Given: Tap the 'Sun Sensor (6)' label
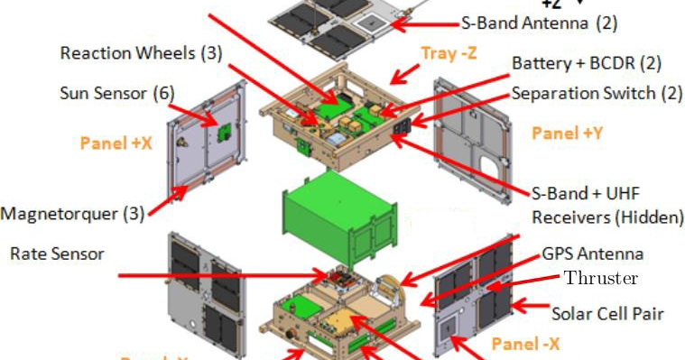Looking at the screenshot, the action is click(x=116, y=93).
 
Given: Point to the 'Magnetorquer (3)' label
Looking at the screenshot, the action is click(x=72, y=214).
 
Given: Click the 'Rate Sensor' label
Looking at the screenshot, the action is click(x=57, y=254).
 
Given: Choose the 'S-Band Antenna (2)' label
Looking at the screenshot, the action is click(x=539, y=23).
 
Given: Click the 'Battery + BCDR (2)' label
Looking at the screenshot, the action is click(x=587, y=64).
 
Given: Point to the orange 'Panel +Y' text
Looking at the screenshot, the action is click(x=566, y=134).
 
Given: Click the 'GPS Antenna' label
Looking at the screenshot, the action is click(x=593, y=254).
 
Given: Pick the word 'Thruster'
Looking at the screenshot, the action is click(x=601, y=278).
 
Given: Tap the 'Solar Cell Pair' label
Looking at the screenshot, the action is click(x=608, y=314).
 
